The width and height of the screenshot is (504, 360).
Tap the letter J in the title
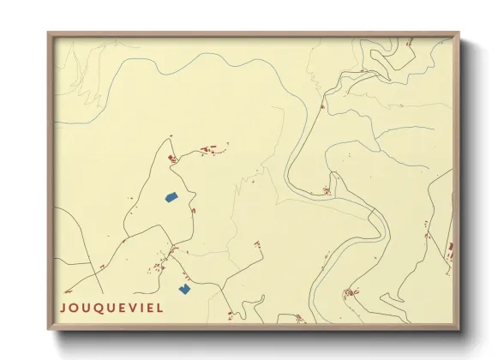(63, 307)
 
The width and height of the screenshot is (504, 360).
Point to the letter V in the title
(135, 307)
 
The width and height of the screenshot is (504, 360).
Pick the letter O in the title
(75, 307)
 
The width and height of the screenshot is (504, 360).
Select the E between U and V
(124, 307)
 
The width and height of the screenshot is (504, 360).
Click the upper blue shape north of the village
(171, 198)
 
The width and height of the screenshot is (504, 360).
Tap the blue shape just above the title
(183, 289)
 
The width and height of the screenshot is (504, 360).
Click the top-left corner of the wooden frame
(49, 34)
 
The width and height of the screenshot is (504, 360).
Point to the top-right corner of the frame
(459, 34)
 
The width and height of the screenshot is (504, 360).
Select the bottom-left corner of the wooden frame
(49, 330)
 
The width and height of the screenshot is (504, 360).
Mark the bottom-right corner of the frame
(459, 330)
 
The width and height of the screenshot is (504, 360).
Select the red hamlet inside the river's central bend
(327, 191)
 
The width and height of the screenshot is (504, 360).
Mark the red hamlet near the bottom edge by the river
(351, 293)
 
